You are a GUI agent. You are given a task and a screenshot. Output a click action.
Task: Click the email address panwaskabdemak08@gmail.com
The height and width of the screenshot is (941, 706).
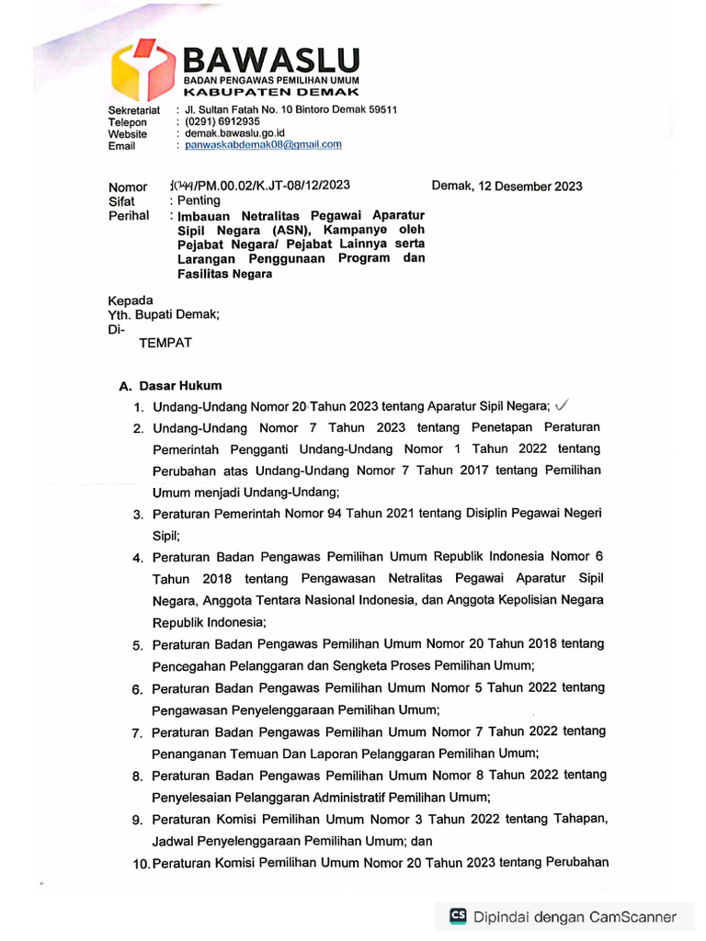[263, 144]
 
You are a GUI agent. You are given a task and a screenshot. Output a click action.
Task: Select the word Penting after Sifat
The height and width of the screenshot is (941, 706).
[199, 200]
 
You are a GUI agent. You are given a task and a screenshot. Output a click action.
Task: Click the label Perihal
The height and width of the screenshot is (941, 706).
[129, 215]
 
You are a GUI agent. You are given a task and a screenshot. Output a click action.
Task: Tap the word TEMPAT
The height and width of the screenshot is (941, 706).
[165, 344]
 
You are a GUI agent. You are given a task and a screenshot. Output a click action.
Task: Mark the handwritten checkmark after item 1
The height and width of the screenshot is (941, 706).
[564, 405]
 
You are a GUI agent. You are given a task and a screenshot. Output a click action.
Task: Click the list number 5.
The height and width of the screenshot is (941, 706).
[137, 646]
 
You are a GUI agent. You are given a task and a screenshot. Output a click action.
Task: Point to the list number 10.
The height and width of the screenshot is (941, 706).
[140, 864]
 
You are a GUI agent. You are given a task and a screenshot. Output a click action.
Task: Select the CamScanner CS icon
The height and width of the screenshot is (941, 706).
[458, 915]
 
